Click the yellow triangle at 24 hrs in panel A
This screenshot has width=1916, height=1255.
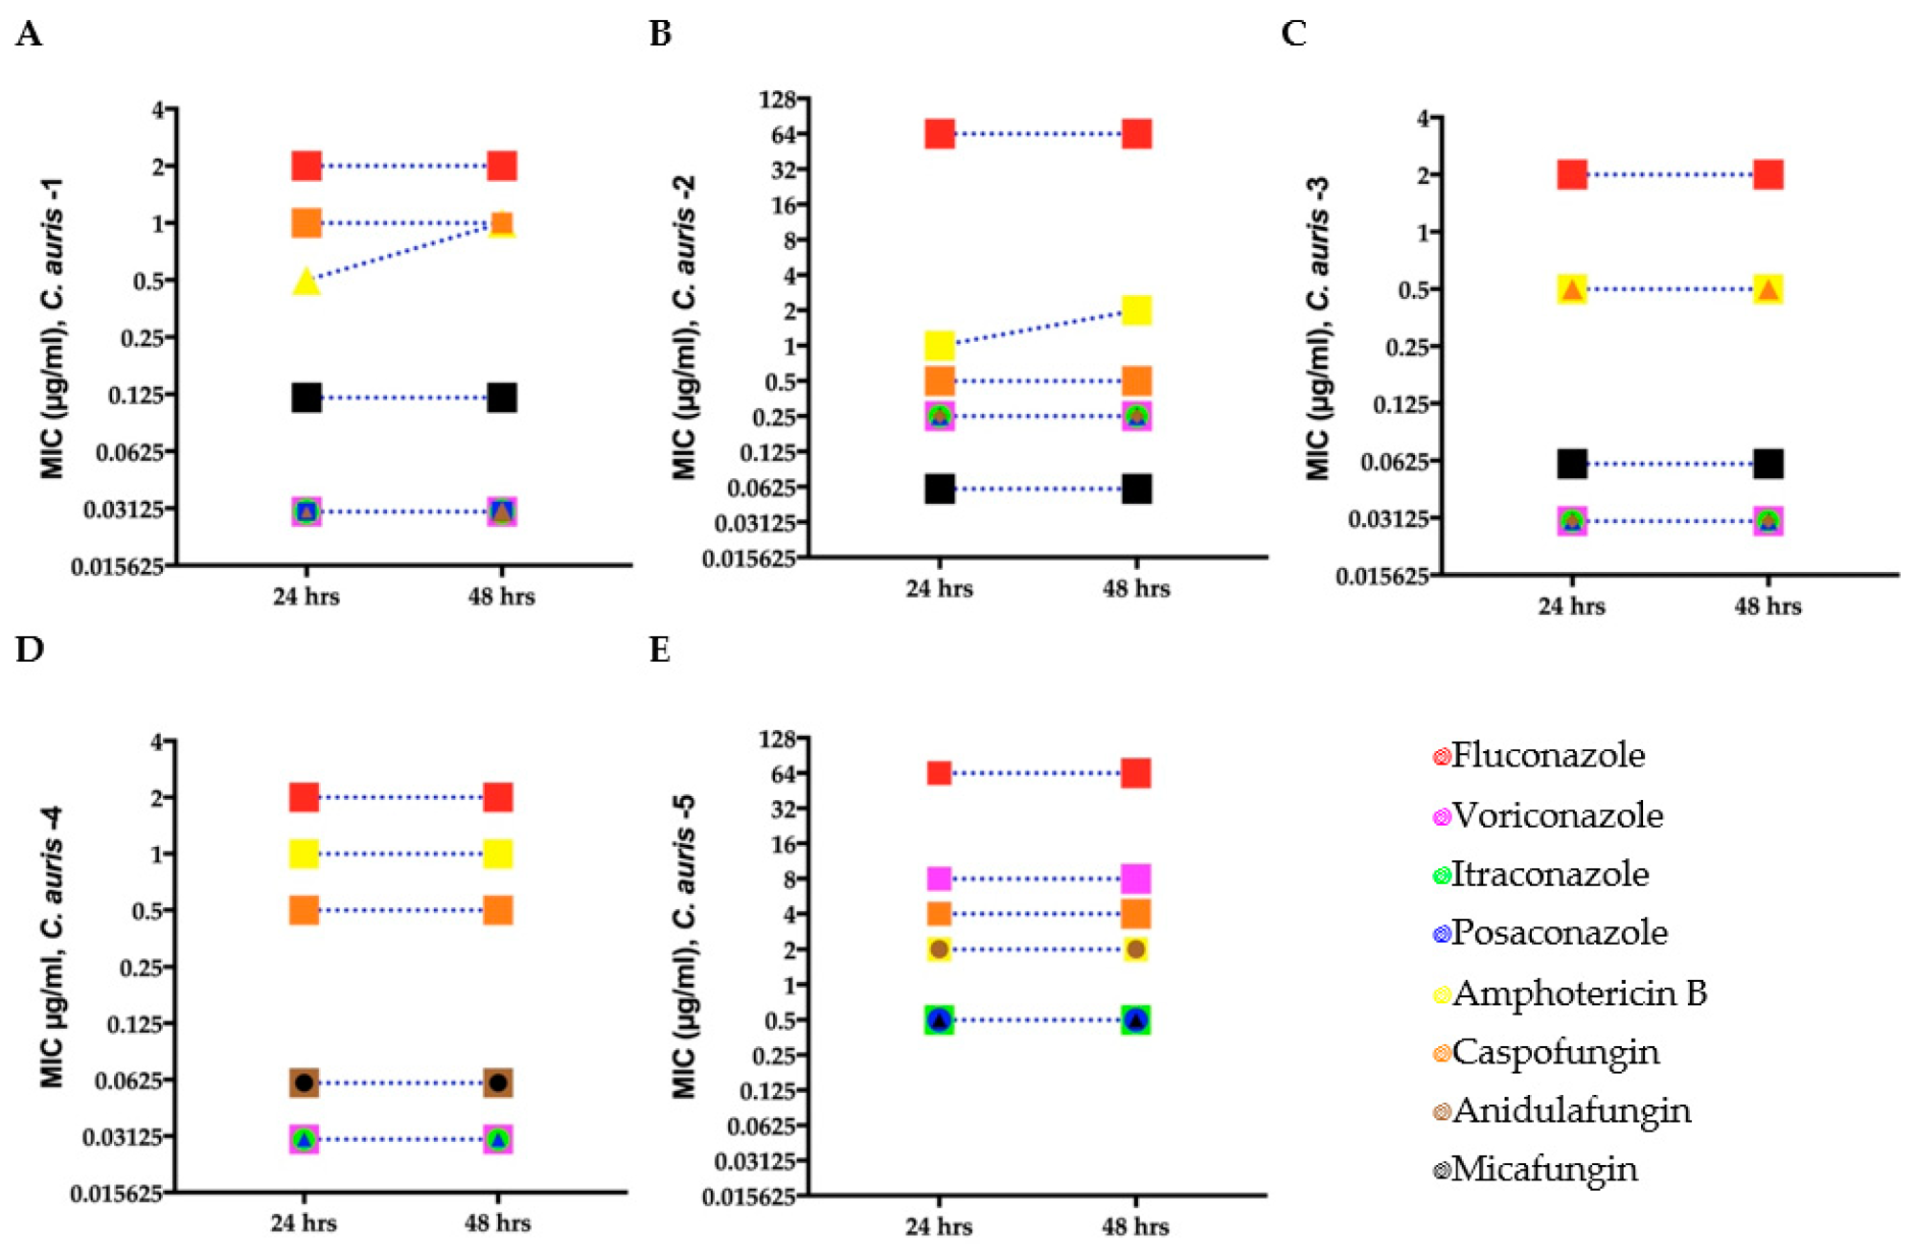[306, 281]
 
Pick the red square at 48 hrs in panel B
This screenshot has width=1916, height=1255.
[1136, 134]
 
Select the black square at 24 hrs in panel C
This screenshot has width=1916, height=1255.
[1572, 464]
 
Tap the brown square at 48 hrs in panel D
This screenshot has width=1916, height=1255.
[498, 1083]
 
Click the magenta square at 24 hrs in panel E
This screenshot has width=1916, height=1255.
[939, 878]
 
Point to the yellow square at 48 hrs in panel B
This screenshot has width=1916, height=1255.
[1136, 310]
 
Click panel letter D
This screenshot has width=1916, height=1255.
[29, 650]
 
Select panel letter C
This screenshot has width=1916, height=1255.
[1293, 34]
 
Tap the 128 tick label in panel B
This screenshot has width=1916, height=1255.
[777, 100]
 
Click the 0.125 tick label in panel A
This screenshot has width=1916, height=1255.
[135, 395]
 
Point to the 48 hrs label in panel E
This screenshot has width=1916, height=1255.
[1135, 1227]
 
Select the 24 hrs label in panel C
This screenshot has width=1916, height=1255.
[1571, 606]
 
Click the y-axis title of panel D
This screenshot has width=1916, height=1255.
[52, 948]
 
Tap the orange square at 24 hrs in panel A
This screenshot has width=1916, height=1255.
[306, 223]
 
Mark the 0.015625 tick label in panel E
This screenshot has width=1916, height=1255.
[748, 1198]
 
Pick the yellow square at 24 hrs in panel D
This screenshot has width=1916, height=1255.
[304, 854]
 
